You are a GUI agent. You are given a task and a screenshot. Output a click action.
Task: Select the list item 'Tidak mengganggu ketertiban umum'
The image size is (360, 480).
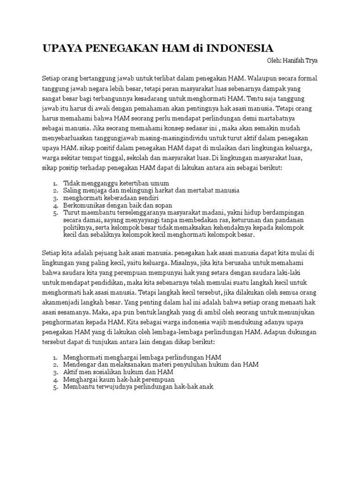(116, 183)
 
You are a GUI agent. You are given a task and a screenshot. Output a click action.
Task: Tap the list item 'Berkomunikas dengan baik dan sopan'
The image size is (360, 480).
(118, 205)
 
